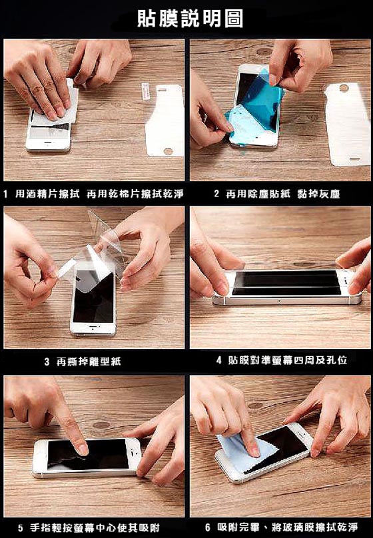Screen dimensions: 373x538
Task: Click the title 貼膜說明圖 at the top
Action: (190, 18)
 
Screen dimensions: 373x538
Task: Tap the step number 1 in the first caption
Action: (5, 194)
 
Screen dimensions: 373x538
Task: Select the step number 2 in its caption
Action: (216, 194)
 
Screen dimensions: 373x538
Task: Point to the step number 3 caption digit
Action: (47, 362)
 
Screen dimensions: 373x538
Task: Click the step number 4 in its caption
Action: (219, 360)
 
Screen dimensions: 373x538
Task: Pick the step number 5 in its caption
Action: (21, 528)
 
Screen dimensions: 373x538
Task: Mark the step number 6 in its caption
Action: (208, 527)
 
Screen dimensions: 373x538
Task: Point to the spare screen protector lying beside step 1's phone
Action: (165, 120)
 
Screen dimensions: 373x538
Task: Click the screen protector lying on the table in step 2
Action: (347, 125)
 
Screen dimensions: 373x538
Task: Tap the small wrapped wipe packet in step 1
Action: (146, 91)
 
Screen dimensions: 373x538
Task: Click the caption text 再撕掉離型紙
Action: (89, 362)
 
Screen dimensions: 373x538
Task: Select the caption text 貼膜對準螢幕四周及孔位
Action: (288, 360)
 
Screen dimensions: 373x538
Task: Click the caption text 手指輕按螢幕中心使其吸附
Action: (95, 528)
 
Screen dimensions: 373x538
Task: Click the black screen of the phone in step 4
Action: (286, 282)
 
